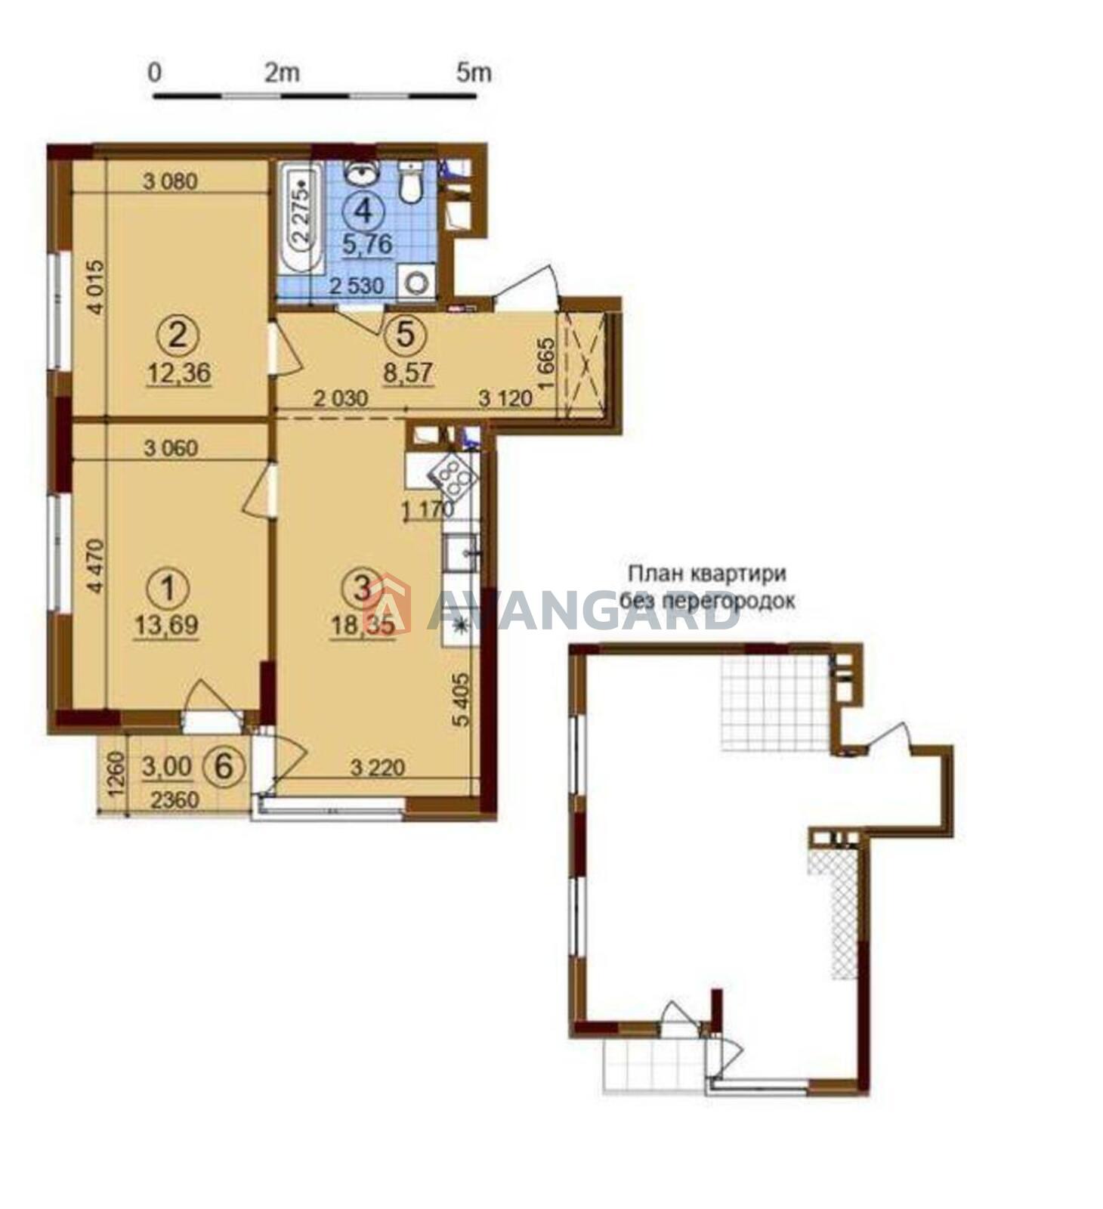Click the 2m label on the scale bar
(x=282, y=73)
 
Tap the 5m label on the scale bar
(x=474, y=73)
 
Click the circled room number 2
(x=178, y=335)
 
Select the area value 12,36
(x=181, y=373)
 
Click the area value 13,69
(x=167, y=625)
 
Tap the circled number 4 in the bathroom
(x=364, y=210)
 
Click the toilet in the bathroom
(x=410, y=182)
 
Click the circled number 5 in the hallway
(x=406, y=334)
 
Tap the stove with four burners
(x=452, y=474)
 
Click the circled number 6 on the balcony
(x=230, y=767)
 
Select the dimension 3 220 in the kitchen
(x=378, y=768)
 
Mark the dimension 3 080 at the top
(x=170, y=181)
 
